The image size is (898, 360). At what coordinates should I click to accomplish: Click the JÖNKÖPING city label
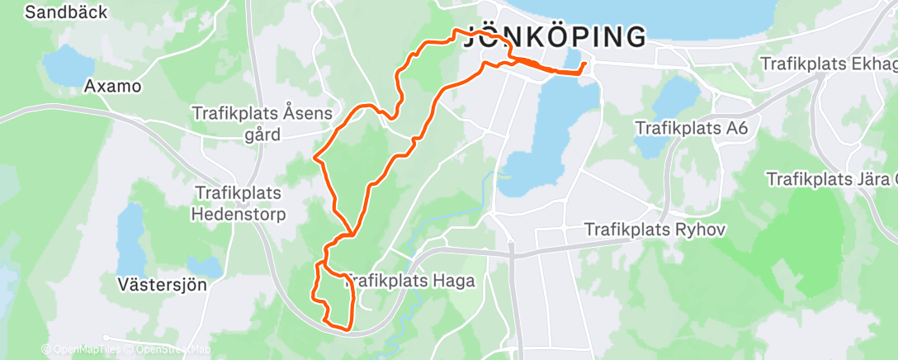[x=555, y=37]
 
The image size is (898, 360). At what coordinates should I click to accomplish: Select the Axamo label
[x=113, y=86]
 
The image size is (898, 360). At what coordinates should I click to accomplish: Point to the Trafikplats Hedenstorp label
[x=239, y=203]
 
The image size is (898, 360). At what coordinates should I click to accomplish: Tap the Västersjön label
[x=161, y=284]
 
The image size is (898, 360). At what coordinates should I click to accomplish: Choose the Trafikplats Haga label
[x=410, y=281]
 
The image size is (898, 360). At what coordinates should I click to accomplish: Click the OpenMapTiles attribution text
[x=80, y=350]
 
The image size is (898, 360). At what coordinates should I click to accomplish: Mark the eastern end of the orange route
[x=584, y=64]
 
